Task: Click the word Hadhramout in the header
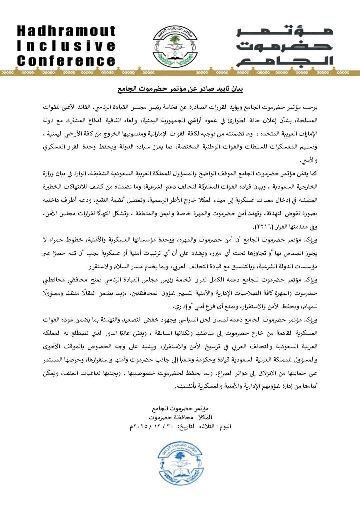pos(66,31)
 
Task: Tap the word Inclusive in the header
pos(66,46)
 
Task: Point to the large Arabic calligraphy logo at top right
pos(285,46)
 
